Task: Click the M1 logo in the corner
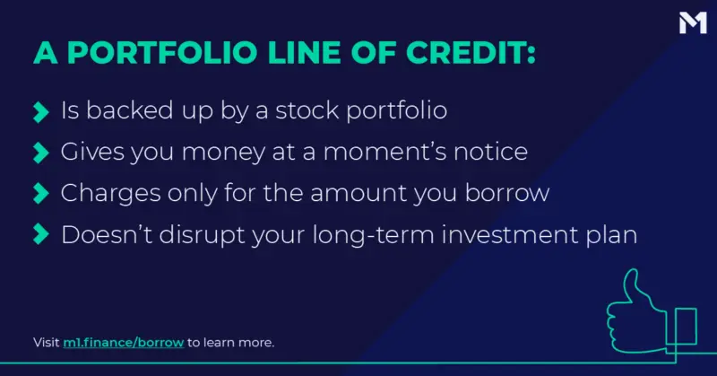pyautogui.click(x=693, y=23)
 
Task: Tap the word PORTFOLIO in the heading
pyautogui.click(x=162, y=52)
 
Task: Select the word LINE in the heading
pyautogui.click(x=304, y=52)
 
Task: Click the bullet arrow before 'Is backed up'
pyautogui.click(x=40, y=112)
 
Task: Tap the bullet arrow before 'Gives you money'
pyautogui.click(x=40, y=153)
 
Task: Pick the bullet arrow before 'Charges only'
pyautogui.click(x=40, y=193)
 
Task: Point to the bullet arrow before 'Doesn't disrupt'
pyautogui.click(x=40, y=234)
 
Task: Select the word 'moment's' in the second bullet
pyautogui.click(x=384, y=152)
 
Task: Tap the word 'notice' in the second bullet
pyautogui.click(x=490, y=152)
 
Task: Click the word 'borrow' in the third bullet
pyautogui.click(x=507, y=193)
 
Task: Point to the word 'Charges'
pyautogui.click(x=110, y=193)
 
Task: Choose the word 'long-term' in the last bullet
pyautogui.click(x=373, y=234)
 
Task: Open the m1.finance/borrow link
pyautogui.click(x=124, y=343)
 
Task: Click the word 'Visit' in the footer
pyautogui.click(x=47, y=343)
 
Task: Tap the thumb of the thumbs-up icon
pyautogui.click(x=632, y=286)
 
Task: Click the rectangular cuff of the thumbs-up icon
pyautogui.click(x=682, y=326)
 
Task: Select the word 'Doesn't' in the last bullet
pyautogui.click(x=107, y=234)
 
